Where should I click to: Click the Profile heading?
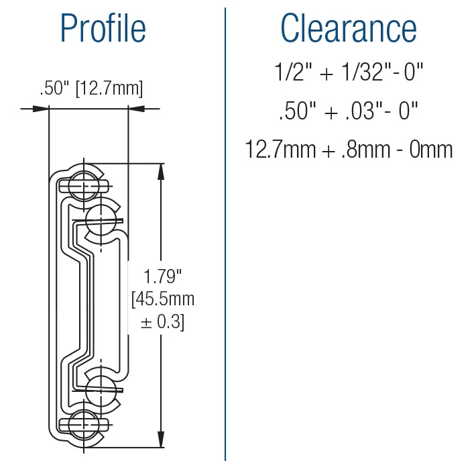click(x=103, y=29)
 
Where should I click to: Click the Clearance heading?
click(x=349, y=29)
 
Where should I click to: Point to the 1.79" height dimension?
click(x=163, y=275)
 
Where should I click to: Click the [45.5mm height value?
click(x=163, y=299)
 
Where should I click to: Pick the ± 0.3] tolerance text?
click(x=163, y=322)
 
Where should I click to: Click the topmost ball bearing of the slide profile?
click(x=82, y=179)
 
